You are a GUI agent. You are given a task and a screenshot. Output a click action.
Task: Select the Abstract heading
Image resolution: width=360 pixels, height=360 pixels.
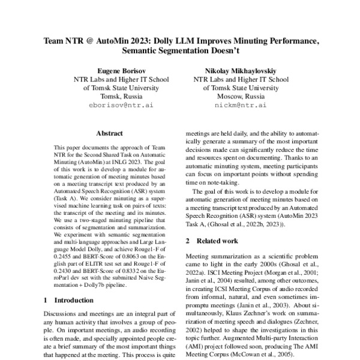pyautogui.click(x=111, y=134)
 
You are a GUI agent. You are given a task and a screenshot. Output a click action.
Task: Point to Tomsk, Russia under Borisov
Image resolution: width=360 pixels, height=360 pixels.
pyautogui.click(x=114, y=96)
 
